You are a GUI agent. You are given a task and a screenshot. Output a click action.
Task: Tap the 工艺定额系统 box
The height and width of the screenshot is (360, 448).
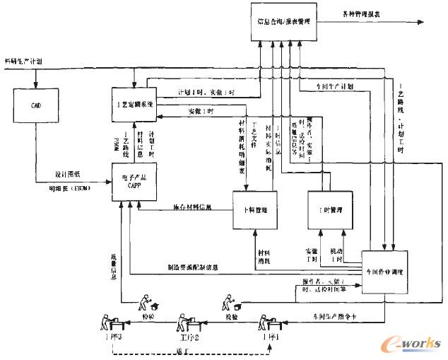click(134, 103)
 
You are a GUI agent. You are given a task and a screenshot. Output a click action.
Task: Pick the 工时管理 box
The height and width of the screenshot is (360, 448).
click(331, 210)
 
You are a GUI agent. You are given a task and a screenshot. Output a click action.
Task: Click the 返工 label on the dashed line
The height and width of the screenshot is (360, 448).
click(189, 350)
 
